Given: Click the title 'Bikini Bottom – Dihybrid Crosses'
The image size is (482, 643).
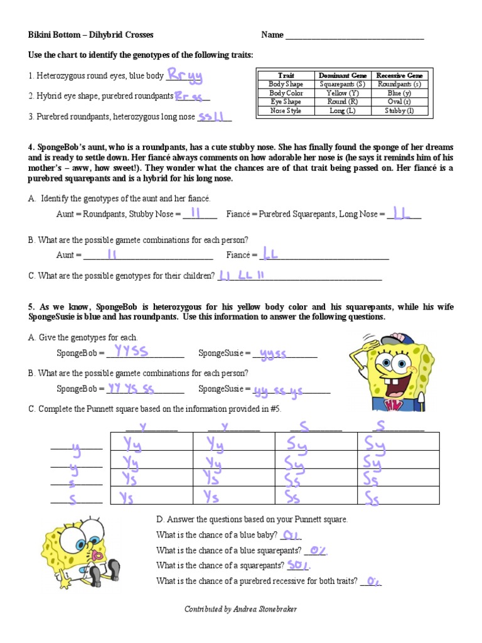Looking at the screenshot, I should (91, 35).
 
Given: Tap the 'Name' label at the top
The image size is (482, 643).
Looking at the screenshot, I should (272, 35).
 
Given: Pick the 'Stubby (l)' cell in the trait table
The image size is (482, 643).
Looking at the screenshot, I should (399, 111).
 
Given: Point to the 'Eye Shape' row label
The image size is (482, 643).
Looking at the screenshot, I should (286, 102).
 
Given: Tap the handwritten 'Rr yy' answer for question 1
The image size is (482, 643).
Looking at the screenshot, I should (186, 76).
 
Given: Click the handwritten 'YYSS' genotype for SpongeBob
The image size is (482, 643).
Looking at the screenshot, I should (128, 352).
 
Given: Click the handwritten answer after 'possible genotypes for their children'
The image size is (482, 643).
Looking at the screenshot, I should (242, 275).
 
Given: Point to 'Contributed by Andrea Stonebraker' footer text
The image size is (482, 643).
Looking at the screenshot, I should (240, 609).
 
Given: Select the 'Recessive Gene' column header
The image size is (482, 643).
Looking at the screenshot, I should (399, 75).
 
